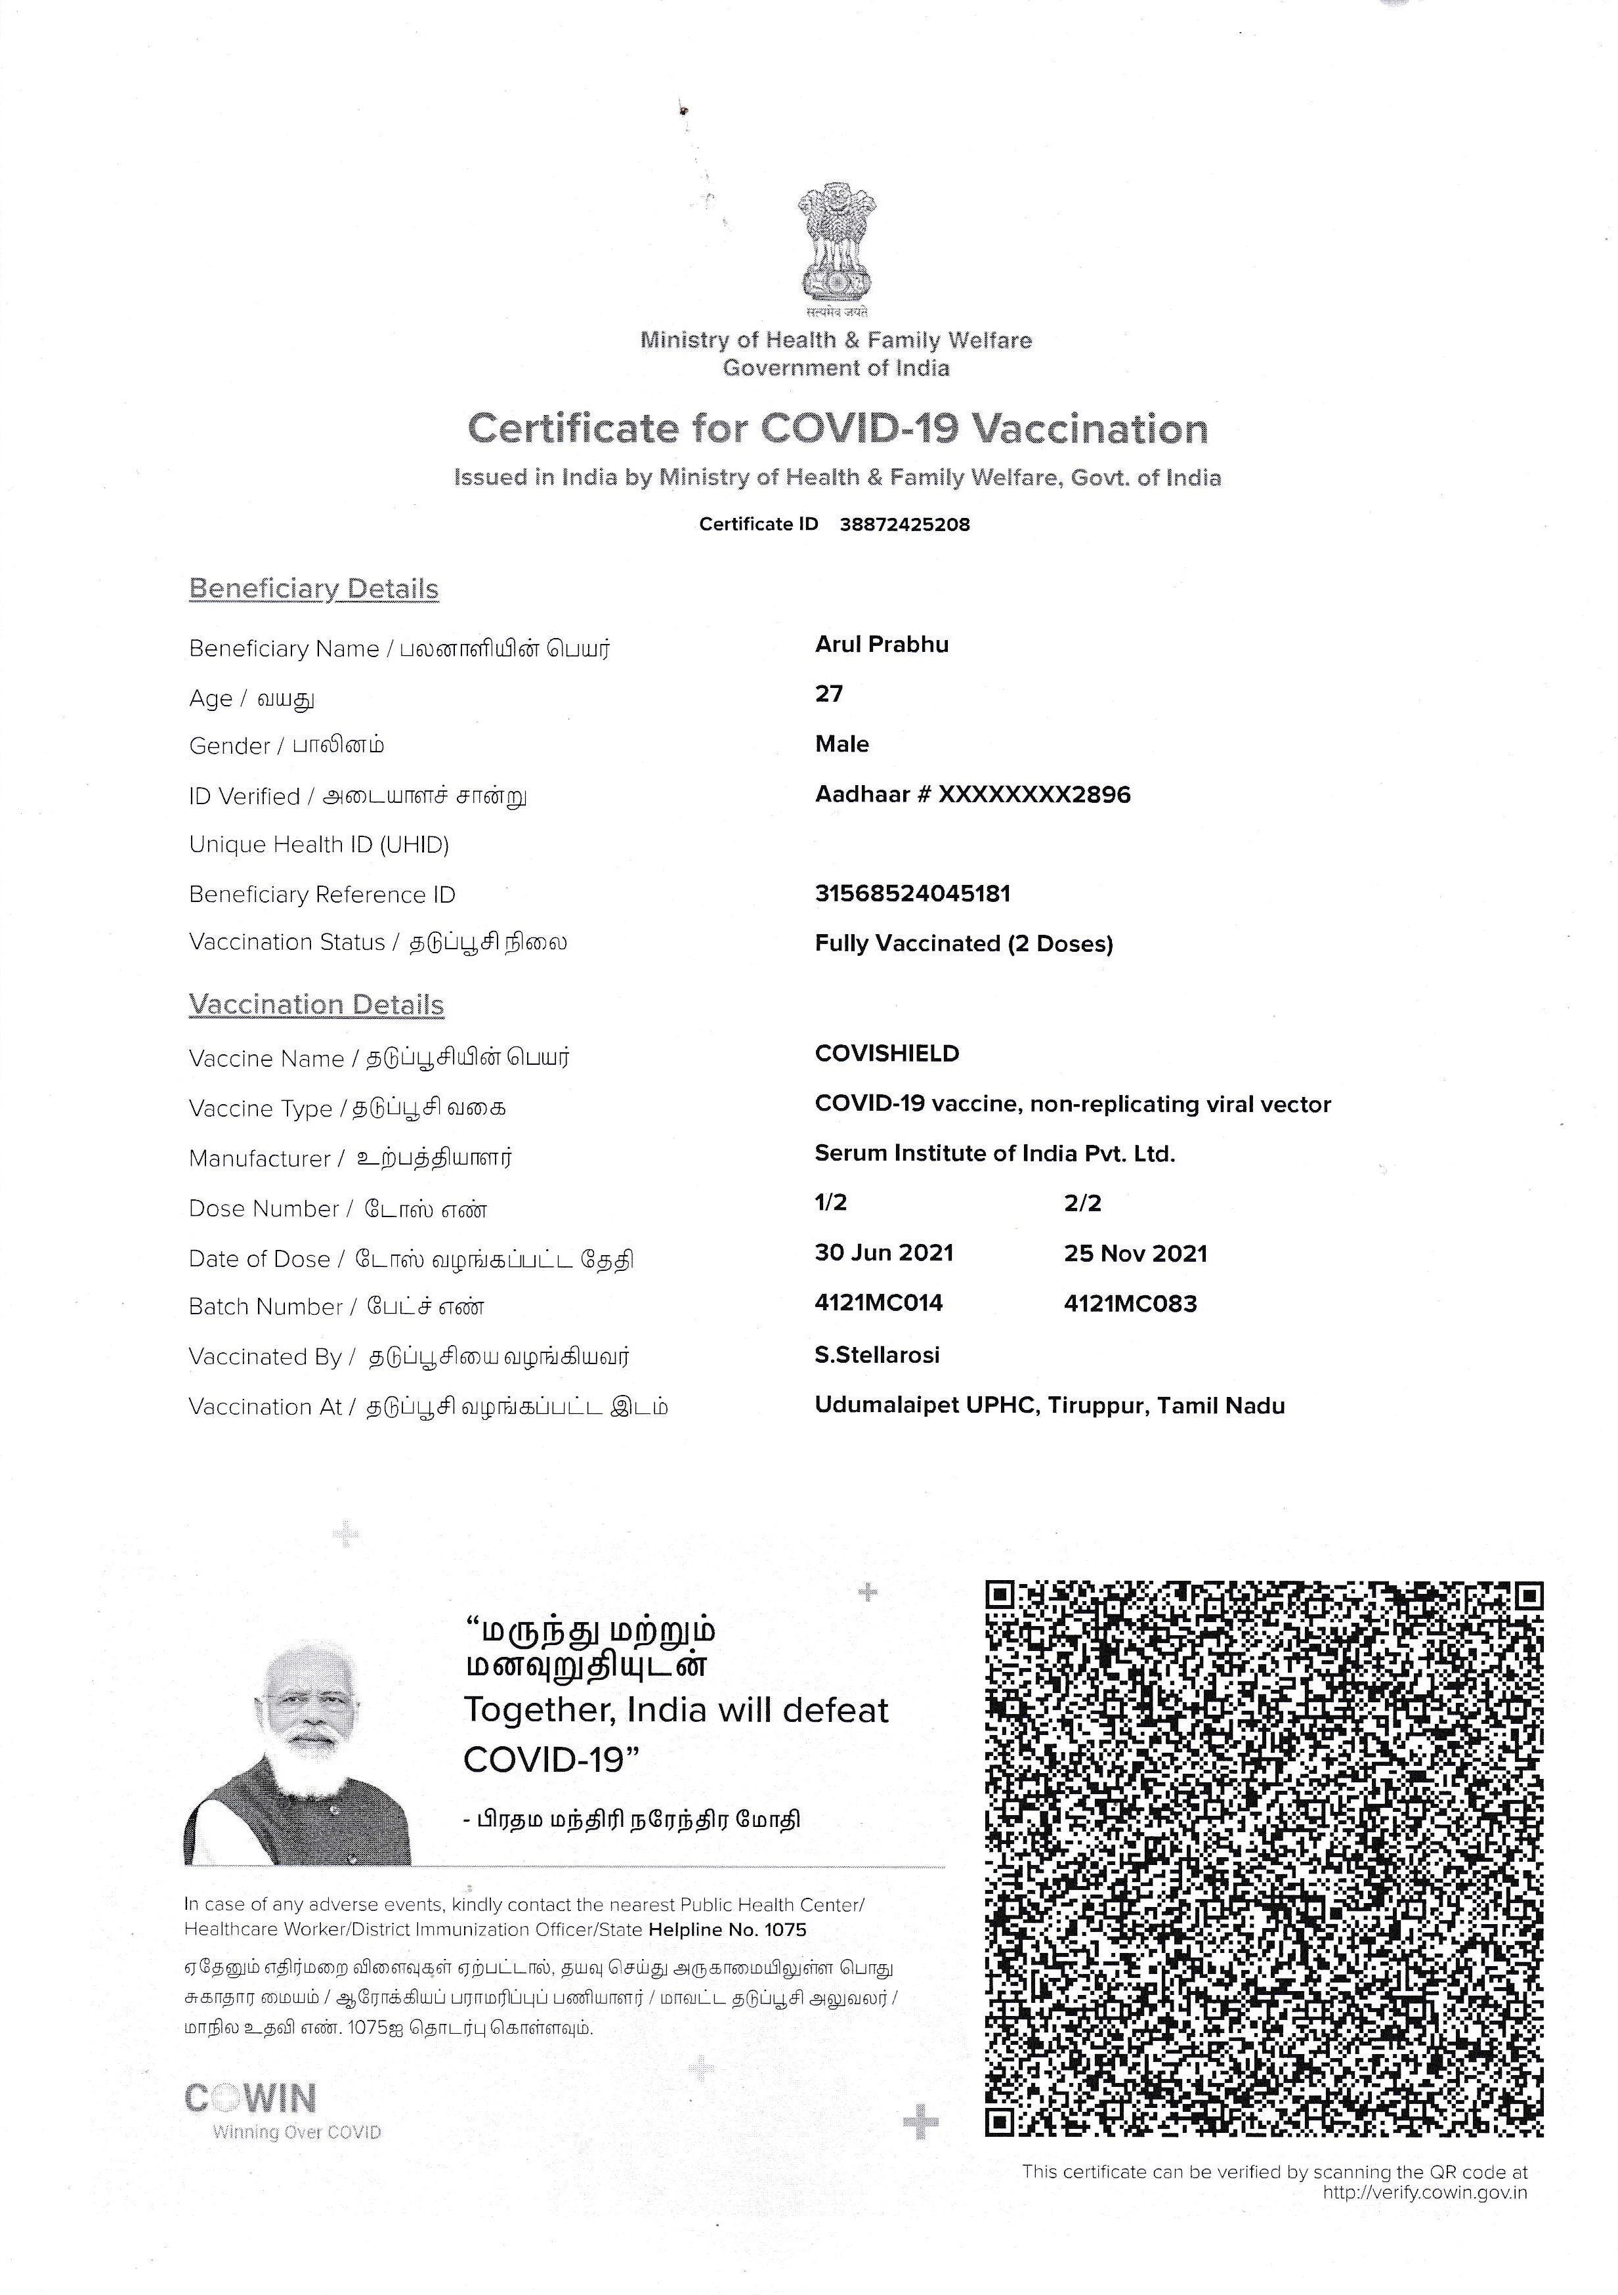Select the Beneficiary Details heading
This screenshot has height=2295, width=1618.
(314, 589)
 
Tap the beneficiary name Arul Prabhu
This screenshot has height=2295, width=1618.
(882, 645)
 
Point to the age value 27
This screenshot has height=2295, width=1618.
(828, 694)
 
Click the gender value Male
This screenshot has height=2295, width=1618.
(841, 744)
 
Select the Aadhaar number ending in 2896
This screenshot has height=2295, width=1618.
(972, 795)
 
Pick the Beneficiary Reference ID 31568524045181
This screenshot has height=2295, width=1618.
(912, 893)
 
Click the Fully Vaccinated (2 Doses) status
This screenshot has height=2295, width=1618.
(964, 943)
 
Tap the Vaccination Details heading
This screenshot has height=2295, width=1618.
(316, 1004)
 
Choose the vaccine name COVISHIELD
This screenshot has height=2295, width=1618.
(886, 1054)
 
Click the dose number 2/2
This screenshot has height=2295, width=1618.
(1082, 1203)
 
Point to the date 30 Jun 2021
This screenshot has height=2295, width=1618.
(884, 1253)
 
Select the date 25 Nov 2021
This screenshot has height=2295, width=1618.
(1136, 1253)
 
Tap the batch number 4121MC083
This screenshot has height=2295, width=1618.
(1130, 1304)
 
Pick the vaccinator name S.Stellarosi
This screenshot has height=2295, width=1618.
(876, 1356)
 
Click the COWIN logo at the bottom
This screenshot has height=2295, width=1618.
(251, 2098)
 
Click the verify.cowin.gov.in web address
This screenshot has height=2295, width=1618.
(1424, 2193)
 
